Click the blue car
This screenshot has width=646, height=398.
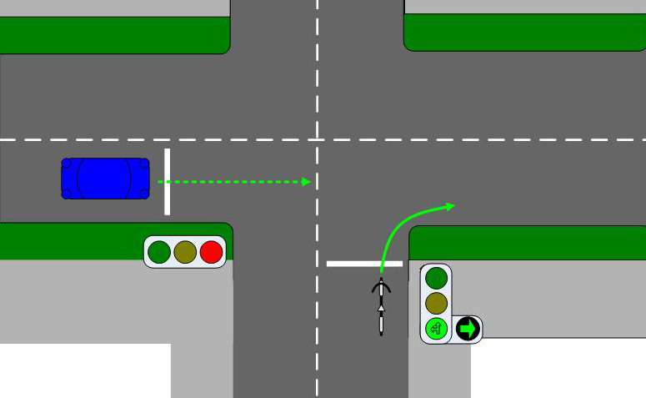tap(105, 179)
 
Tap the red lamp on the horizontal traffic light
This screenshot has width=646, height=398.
tap(212, 252)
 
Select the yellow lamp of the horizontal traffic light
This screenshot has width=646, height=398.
tap(185, 252)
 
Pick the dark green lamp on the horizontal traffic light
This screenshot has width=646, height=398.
tap(158, 252)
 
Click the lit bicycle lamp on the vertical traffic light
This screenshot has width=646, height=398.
tap(436, 328)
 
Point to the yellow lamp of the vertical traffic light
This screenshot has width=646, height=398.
tap(436, 303)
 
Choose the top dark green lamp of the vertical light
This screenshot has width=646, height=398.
tap(436, 278)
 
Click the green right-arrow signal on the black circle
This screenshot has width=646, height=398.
tap(468, 329)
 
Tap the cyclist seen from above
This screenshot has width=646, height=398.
tap(381, 305)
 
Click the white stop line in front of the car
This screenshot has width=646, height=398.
tap(167, 181)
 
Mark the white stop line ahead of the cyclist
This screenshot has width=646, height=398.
tap(364, 264)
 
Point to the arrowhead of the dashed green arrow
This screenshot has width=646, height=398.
tap(307, 181)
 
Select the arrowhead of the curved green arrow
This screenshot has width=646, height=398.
tap(450, 205)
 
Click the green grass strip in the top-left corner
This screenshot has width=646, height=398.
tap(114, 35)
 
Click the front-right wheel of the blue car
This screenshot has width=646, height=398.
tap(144, 194)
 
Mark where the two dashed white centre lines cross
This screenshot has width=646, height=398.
tap(318, 139)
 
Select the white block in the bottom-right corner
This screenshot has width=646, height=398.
tap(558, 368)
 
